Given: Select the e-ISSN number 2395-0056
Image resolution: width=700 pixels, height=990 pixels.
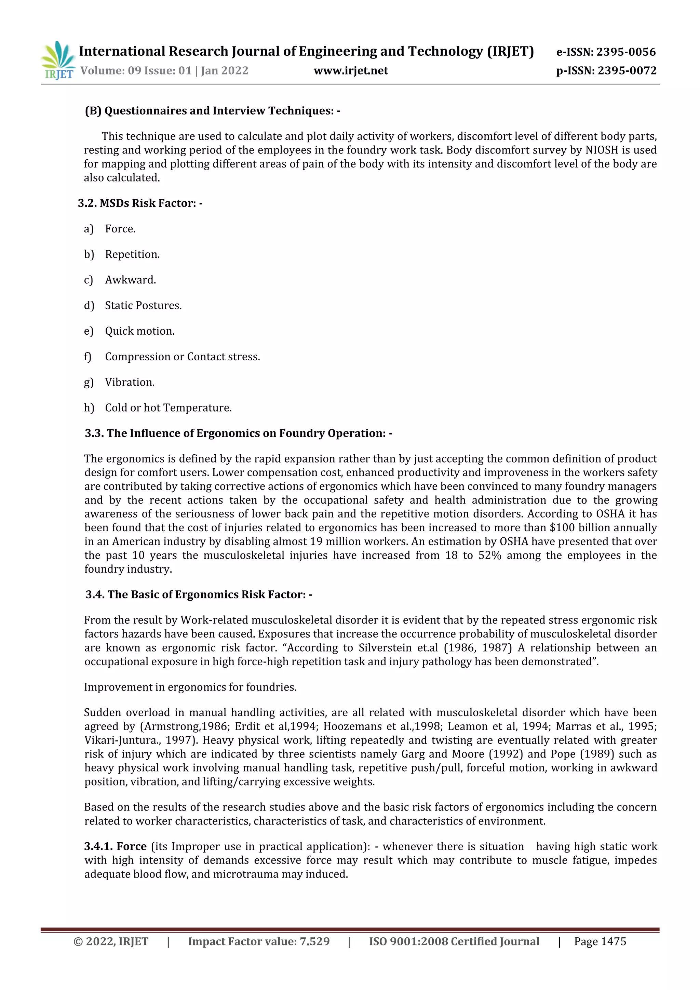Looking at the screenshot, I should [x=626, y=52].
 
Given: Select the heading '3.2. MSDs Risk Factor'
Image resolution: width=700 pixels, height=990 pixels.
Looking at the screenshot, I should [x=140, y=203].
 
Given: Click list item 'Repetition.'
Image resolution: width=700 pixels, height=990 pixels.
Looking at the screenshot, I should [x=132, y=254].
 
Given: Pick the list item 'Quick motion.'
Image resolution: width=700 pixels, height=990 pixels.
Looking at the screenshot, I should [x=140, y=331].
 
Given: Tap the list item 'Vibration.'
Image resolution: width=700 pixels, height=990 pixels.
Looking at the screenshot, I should [x=130, y=383].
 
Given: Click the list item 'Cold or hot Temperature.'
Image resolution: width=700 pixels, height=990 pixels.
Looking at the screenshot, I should [x=168, y=408].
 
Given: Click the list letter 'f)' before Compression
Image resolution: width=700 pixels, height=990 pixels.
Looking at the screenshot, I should [x=88, y=357].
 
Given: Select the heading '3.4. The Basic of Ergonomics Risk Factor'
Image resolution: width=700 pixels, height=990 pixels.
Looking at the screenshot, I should [x=198, y=594].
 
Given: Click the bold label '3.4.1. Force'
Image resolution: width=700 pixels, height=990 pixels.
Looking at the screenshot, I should [x=116, y=846].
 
